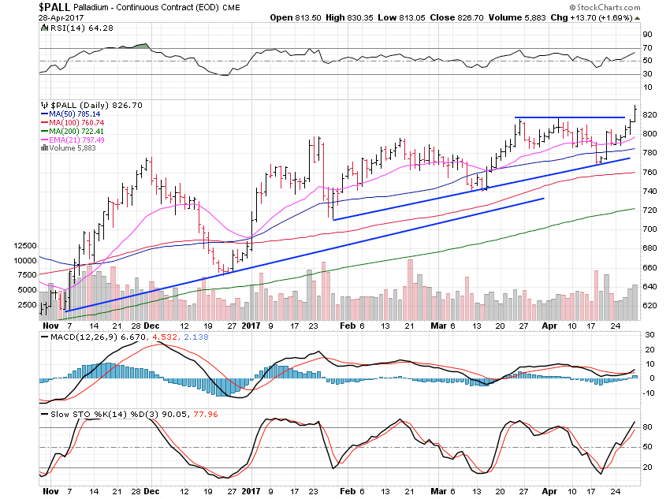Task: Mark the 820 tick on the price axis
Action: [x=650, y=114]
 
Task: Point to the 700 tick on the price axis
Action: [x=650, y=229]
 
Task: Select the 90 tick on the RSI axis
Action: [x=646, y=34]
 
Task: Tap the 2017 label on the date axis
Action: [x=250, y=324]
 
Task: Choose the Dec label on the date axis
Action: [x=151, y=324]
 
